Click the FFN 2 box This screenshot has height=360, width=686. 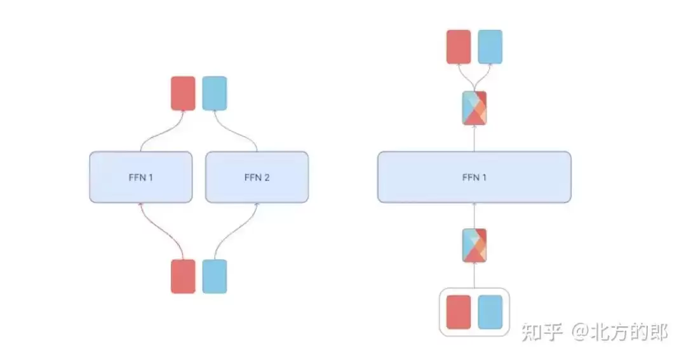coord(257,177)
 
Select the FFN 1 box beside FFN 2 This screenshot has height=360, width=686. coord(141,177)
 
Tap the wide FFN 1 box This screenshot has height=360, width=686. coord(474,177)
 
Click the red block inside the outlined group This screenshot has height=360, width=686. coord(459,312)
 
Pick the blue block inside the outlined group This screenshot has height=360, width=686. coord(490,312)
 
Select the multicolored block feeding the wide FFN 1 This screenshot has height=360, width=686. coord(474,245)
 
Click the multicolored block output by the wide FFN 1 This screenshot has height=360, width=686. coord(474,108)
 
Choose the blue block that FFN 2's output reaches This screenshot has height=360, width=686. coord(215,93)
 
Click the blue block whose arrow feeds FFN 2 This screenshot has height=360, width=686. coord(215,276)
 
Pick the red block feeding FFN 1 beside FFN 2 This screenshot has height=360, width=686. coord(183,276)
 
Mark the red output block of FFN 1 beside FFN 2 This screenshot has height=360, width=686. coord(183,93)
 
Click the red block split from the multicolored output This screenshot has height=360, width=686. coord(459,47)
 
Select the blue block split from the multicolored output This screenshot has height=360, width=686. coord(490,47)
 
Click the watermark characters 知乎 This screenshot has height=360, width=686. coord(542,333)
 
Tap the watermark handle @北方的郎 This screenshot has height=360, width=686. coord(619,333)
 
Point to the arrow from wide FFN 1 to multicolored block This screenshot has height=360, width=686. coord(474,138)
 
